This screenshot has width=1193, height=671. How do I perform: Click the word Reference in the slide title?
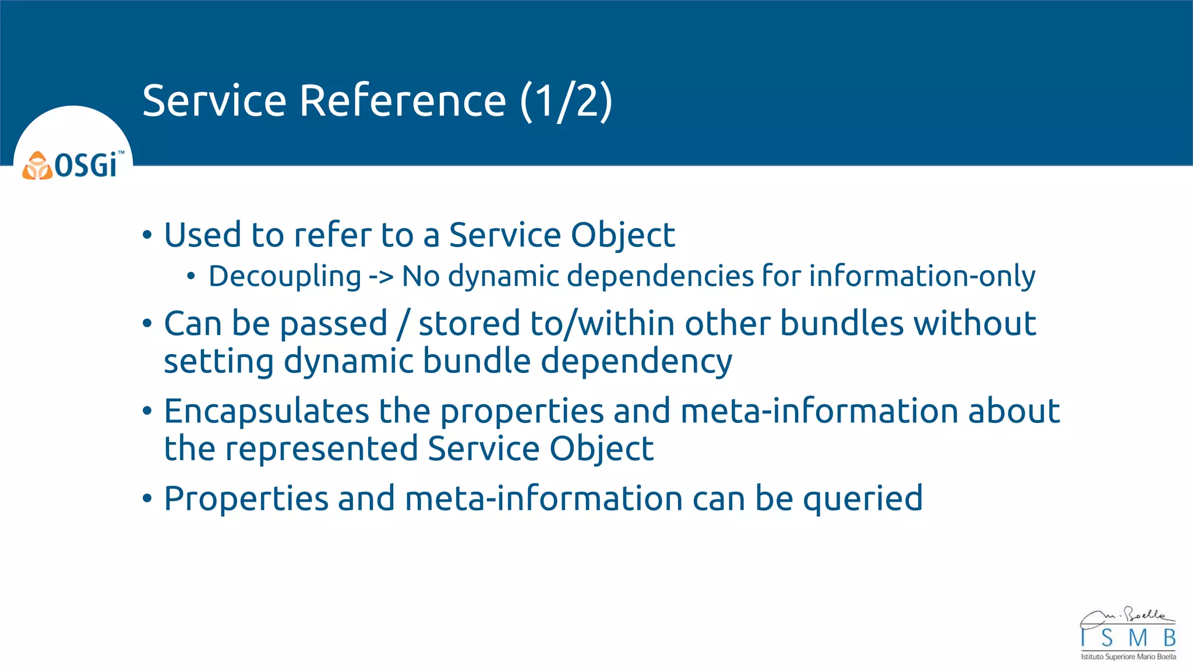pos(403,101)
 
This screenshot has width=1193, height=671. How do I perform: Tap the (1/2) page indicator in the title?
pos(566,101)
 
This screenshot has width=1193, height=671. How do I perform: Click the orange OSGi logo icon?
pos(37,166)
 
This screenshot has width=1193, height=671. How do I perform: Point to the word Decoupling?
pos(285,276)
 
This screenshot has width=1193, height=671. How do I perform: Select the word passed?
pos(333,324)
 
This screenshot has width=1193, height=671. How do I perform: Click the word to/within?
pos(602,324)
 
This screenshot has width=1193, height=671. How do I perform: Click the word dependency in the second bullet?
pos(636,362)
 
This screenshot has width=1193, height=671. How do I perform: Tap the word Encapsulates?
pos(266,411)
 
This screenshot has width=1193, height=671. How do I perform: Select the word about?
pos(1014,411)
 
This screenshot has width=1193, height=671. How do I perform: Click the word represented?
pos(322,448)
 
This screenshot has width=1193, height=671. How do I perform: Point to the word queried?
pos(863,499)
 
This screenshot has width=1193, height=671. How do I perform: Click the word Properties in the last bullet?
pos(246,499)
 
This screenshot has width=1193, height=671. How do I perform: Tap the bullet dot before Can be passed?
pos(147,324)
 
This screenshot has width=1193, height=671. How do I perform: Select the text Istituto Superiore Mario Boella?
pos(1128,657)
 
